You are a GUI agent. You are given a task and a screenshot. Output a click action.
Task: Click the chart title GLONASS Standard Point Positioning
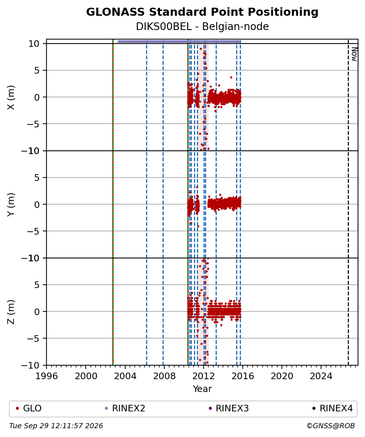pyautogui.click(x=202, y=12)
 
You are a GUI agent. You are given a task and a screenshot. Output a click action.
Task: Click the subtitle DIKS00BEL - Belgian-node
pyautogui.click(x=202, y=27)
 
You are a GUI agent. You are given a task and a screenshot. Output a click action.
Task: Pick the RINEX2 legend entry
pyautogui.click(x=125, y=408)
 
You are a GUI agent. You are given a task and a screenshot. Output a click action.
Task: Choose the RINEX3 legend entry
pyautogui.click(x=229, y=408)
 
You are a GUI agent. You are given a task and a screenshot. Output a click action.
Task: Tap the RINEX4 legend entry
pyautogui.click(x=332, y=408)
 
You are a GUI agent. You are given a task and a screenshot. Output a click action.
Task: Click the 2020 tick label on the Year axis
pyautogui.click(x=282, y=376)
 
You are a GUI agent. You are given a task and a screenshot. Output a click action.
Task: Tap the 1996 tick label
pyautogui.click(x=46, y=376)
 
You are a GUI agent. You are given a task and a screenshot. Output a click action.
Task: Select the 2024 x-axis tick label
pyautogui.click(x=321, y=376)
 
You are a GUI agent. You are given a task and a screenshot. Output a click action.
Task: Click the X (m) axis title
pyautogui.click(x=11, y=97)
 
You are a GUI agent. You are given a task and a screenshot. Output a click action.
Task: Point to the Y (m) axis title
pyautogui.click(x=11, y=205)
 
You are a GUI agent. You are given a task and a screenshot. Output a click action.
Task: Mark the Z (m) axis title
pyautogui.click(x=11, y=312)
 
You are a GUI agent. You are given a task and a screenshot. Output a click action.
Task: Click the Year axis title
pyautogui.click(x=202, y=389)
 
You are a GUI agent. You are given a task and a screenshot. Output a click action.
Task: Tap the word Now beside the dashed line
pyautogui.click(x=354, y=54)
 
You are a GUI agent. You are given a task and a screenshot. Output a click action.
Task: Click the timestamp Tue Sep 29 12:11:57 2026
pyautogui.click(x=56, y=426)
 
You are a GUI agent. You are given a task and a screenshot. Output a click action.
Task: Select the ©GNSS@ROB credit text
pyautogui.click(x=331, y=426)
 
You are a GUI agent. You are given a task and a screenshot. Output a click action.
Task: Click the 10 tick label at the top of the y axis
pyautogui.click(x=34, y=44)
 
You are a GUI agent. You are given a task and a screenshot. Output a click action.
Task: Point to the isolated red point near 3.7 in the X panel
pyautogui.click(x=231, y=78)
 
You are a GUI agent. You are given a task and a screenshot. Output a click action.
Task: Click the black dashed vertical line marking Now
pyautogui.click(x=348, y=202)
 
